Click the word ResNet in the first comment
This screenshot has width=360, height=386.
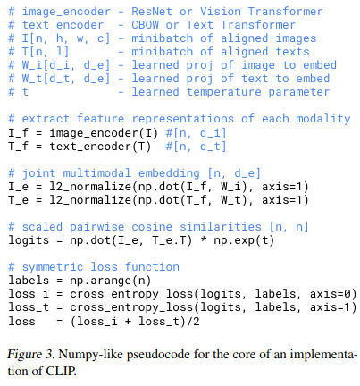(152, 12)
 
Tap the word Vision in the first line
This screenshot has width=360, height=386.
(221, 12)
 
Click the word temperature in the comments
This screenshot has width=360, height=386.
(223, 92)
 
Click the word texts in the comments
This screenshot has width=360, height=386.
(292, 52)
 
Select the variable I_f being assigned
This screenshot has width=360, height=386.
(19, 133)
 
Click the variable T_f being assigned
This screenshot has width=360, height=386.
(19, 147)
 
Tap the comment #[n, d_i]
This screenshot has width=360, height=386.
(197, 133)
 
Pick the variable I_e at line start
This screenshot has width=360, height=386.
(19, 187)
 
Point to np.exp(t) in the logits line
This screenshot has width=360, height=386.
(244, 240)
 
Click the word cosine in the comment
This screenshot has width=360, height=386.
(152, 227)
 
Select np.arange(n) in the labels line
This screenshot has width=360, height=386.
(111, 281)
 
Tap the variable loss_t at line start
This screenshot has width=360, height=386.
(29, 307)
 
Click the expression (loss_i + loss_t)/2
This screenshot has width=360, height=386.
(135, 321)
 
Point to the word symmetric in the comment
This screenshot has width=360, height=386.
(53, 267)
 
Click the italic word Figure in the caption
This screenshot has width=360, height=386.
(25, 355)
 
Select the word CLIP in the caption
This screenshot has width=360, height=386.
(61, 371)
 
